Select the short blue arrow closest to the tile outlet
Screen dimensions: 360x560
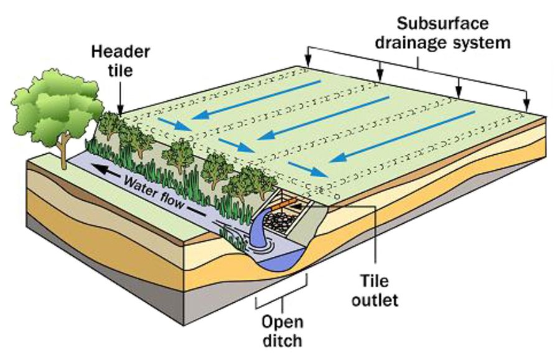[309, 169]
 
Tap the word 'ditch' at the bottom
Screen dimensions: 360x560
[281, 340]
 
